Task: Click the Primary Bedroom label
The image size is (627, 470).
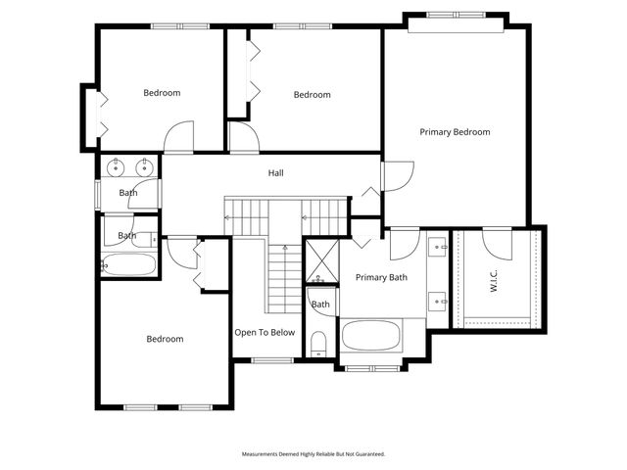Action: coord(455,132)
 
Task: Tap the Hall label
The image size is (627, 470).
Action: coord(276,173)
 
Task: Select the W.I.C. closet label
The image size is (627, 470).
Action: coord(494,281)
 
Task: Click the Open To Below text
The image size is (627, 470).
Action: coord(265,333)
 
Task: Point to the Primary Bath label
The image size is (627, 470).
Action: coord(381,278)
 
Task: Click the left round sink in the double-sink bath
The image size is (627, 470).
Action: coord(117,165)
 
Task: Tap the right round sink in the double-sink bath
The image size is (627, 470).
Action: coord(144,165)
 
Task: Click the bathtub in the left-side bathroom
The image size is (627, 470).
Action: coord(129,264)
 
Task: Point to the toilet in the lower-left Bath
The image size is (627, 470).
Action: coord(105,263)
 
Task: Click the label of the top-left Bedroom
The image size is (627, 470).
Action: coord(162,93)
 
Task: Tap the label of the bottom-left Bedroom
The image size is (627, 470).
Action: coord(165,340)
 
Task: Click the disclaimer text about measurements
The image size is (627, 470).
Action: coord(313,454)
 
